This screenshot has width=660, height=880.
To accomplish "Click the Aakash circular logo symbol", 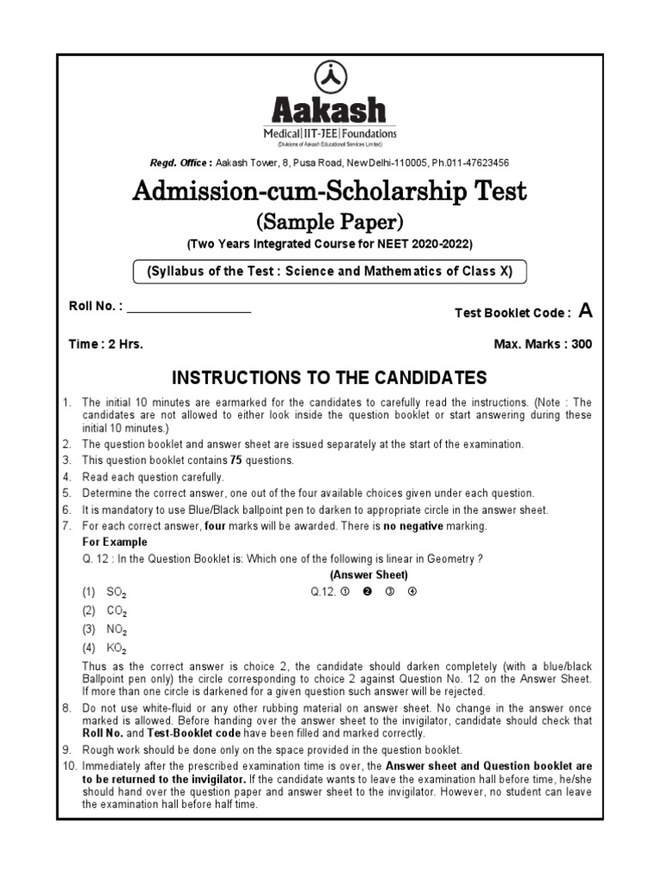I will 330,77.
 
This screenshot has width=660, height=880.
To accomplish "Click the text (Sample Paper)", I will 330,223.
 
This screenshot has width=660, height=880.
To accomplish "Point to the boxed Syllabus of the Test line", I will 330,272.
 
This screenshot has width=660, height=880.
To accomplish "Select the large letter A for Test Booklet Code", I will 586,311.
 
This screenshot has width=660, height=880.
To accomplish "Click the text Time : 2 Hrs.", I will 106,344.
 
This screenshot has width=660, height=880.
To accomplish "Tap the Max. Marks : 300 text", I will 542,344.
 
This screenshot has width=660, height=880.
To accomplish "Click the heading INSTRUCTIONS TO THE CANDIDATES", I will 330,378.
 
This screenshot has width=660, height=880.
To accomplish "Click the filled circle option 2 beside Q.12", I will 367,591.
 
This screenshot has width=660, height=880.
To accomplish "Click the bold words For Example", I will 114,542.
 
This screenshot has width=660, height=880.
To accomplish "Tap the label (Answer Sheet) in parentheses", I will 368,575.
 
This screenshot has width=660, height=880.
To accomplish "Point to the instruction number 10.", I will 69,766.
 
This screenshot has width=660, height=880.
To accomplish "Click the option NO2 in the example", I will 116,630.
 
